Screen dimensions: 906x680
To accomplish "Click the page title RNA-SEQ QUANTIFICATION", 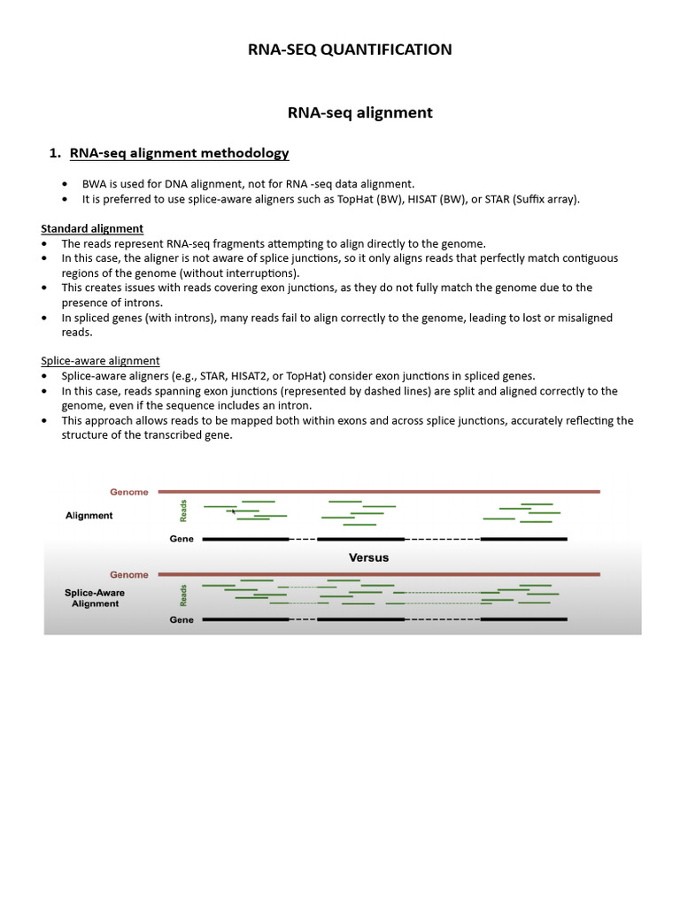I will click(350, 50).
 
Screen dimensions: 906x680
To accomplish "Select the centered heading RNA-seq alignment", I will click(359, 112).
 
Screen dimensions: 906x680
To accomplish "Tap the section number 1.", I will click(54, 153).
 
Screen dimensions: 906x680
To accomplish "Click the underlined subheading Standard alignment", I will click(92, 228).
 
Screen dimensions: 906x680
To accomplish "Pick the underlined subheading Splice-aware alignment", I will click(100, 360).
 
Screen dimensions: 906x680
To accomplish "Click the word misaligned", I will click(576, 318).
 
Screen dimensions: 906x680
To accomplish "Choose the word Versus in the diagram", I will click(368, 557).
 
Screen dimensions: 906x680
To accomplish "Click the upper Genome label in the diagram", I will click(129, 491).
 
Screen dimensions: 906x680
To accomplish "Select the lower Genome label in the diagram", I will click(129, 574).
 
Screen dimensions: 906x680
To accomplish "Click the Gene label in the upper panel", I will click(182, 538).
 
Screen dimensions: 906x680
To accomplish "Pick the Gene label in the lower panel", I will click(182, 620).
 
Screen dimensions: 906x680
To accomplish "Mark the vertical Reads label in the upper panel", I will click(184, 511).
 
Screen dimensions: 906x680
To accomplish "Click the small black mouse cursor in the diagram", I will click(233, 511).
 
